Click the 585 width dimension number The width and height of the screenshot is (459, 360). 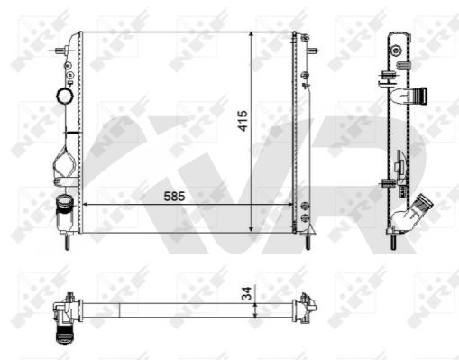click(x=174, y=197)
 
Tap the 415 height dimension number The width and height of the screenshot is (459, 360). click(x=243, y=121)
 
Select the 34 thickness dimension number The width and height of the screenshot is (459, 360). click(x=246, y=293)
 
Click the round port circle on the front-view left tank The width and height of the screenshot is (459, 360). click(x=65, y=96)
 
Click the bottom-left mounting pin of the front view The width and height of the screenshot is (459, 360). click(x=67, y=242)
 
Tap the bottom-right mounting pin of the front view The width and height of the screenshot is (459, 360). click(x=308, y=242)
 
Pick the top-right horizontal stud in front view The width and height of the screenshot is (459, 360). click(x=312, y=51)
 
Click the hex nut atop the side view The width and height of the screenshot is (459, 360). click(x=397, y=50)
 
